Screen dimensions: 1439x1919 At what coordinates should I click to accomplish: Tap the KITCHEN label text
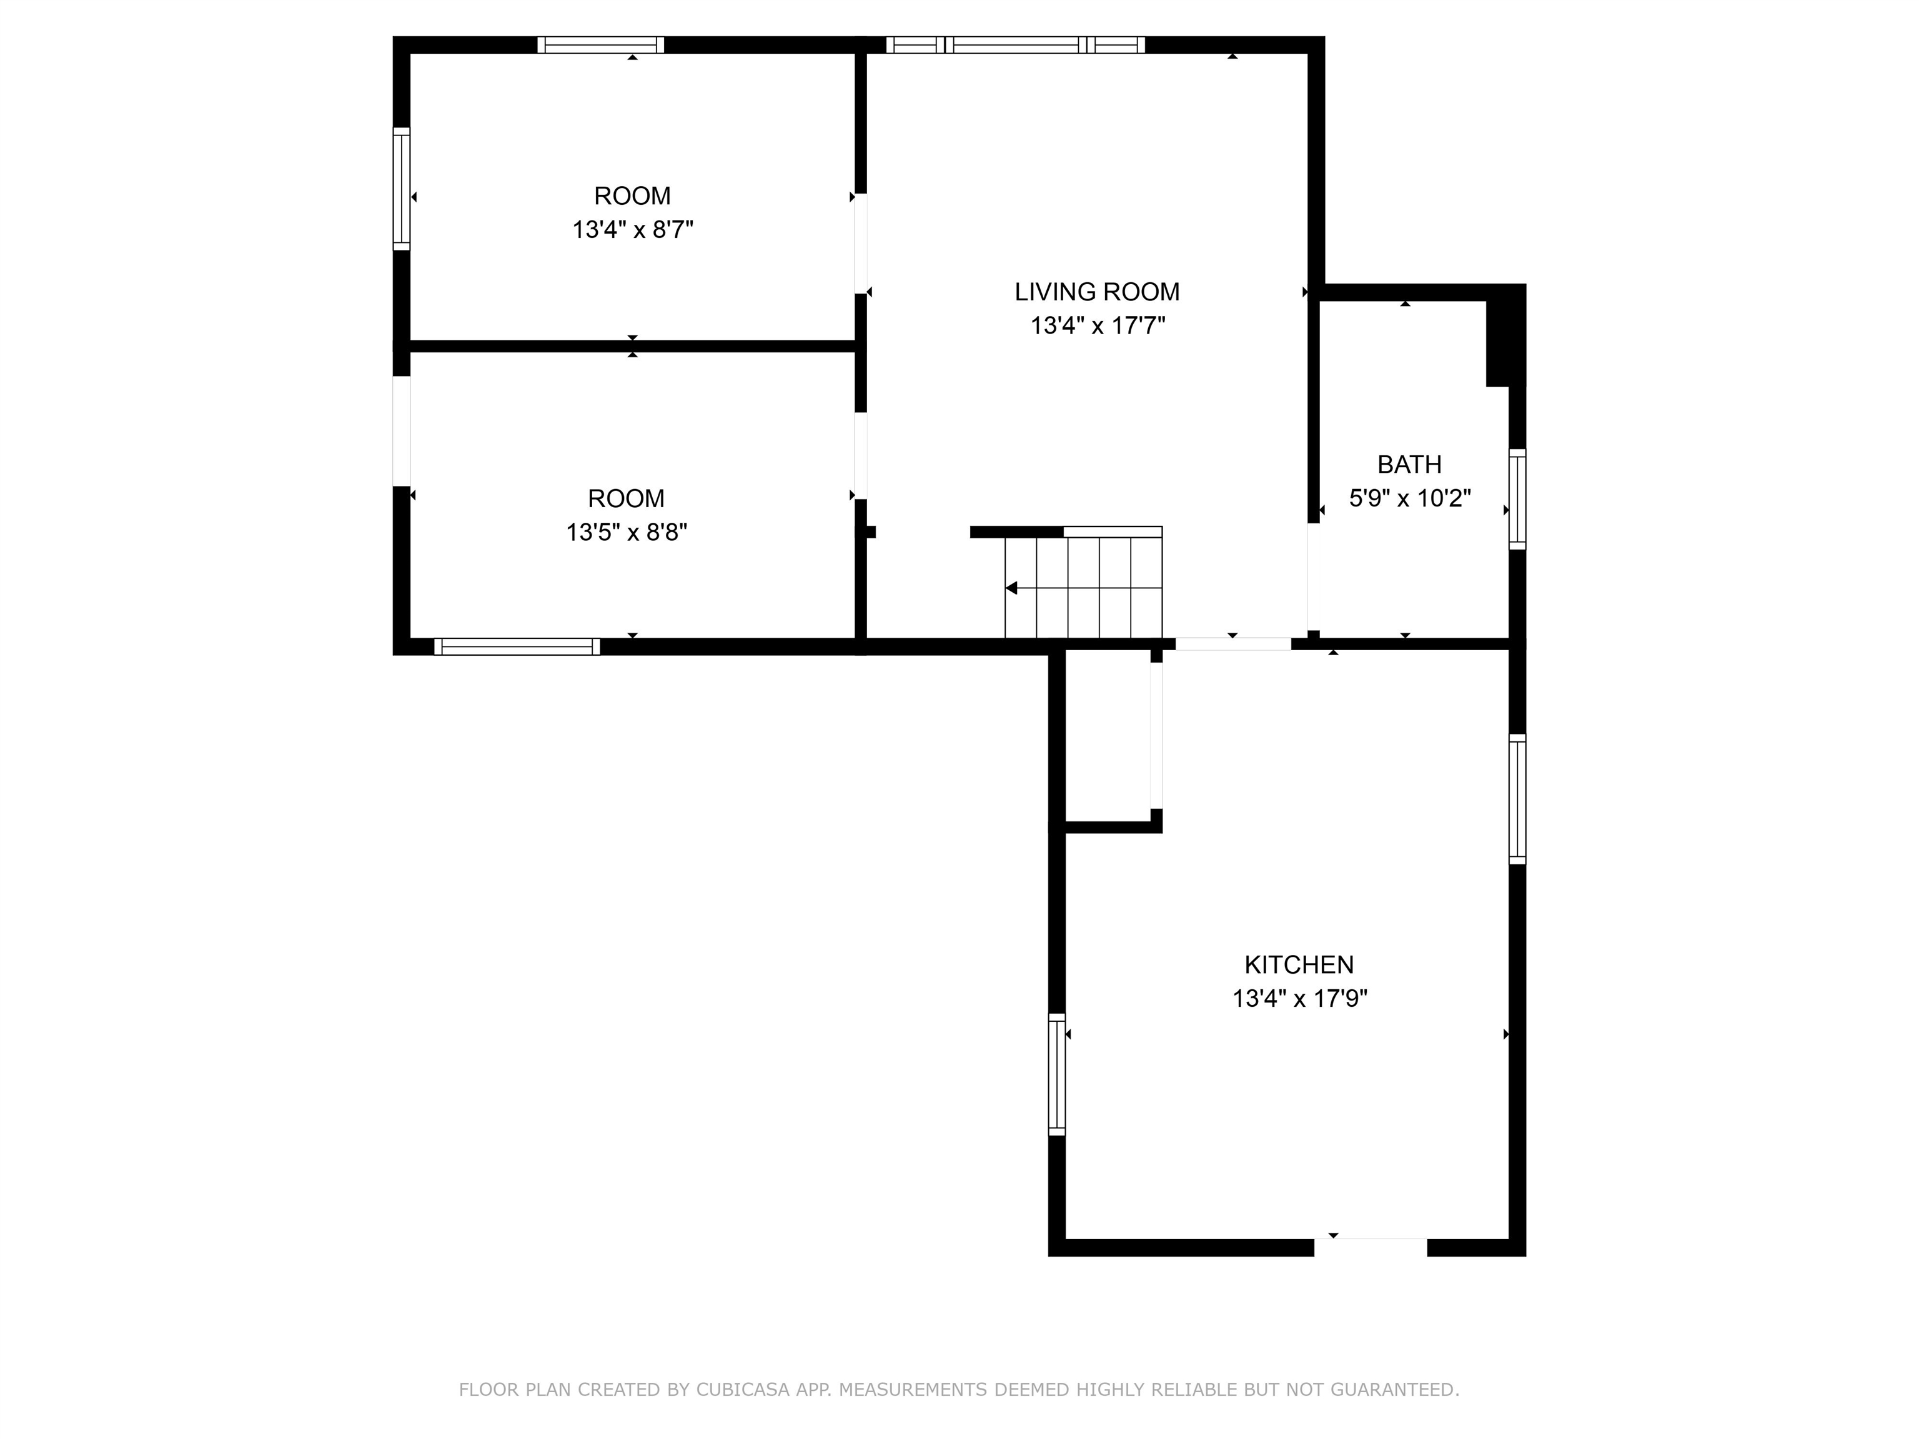coord(1299,964)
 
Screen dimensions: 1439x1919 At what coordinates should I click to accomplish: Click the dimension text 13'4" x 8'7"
coord(632,230)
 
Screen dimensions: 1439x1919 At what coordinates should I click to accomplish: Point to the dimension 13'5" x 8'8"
coord(627,532)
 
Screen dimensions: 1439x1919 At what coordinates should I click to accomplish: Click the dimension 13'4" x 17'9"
coord(1299,998)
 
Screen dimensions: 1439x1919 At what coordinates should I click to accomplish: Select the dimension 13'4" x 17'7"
coord(1098,326)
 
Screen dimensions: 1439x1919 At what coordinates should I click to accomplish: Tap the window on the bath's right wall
coord(1517,499)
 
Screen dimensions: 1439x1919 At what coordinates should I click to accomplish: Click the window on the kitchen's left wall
coord(1057,1074)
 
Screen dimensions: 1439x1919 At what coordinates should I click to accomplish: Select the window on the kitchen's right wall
coord(1517,799)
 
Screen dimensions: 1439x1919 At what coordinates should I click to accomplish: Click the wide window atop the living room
coord(1015,45)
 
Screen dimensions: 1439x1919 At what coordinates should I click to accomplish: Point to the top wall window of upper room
coord(600,45)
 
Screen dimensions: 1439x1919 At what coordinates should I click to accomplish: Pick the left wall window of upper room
coord(402,189)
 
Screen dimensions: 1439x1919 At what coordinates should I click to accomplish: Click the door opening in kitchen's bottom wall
coord(1370,1247)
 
